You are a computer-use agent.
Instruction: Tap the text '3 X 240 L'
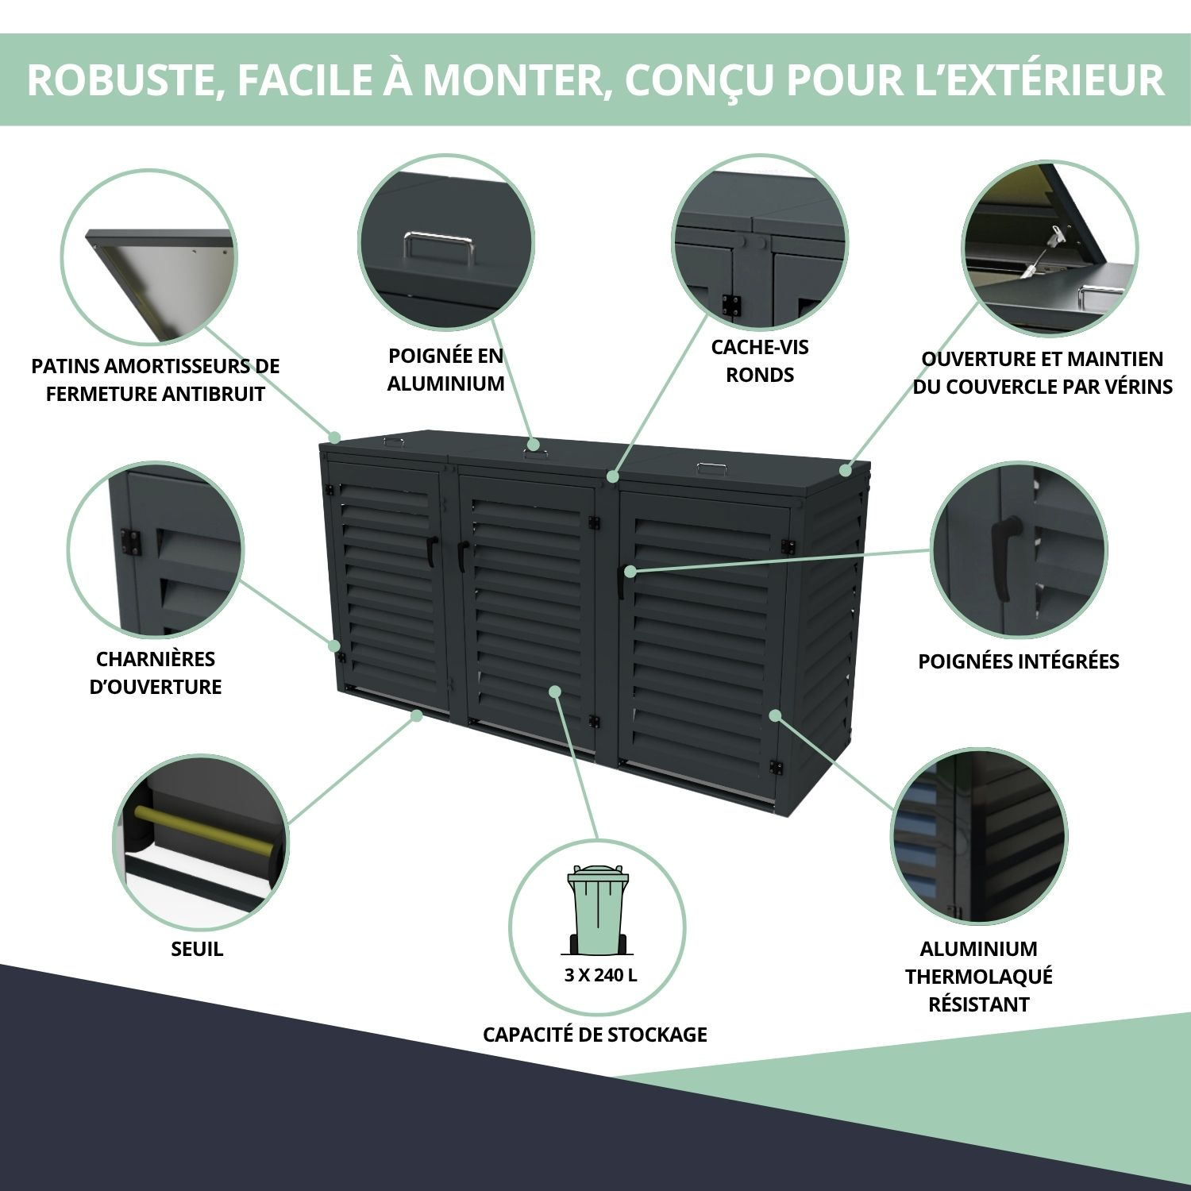click(600, 975)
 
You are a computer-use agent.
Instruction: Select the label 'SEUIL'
click(197, 949)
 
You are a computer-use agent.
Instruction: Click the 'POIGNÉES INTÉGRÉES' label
click(1018, 661)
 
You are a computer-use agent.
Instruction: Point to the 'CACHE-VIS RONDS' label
click(760, 360)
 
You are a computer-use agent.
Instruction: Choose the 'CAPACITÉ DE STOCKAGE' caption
click(595, 1035)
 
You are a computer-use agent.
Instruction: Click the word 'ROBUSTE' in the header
click(121, 79)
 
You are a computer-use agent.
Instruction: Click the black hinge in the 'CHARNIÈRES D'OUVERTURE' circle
click(129, 542)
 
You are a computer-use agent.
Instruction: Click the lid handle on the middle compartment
click(534, 454)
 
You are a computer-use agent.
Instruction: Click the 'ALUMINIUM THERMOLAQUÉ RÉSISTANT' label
click(978, 976)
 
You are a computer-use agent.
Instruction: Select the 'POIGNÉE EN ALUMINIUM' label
click(445, 369)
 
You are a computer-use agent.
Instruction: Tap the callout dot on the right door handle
click(630, 571)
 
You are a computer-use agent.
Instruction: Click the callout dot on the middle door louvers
click(555, 692)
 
